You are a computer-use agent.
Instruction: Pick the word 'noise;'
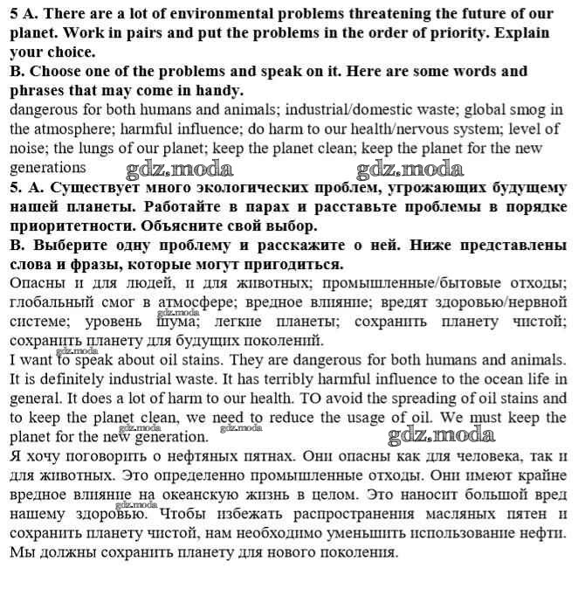tap(30, 149)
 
